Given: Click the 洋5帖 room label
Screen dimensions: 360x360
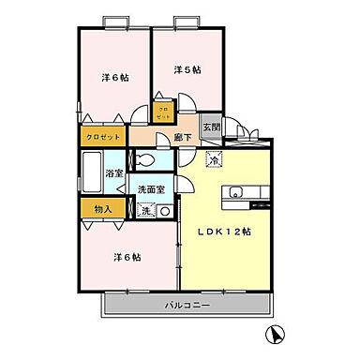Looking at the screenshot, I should (x=187, y=69).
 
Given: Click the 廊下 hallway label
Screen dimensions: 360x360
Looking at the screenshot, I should (x=184, y=138).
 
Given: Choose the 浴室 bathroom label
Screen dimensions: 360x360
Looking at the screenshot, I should (x=115, y=173).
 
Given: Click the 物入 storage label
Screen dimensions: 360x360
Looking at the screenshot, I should (x=103, y=210).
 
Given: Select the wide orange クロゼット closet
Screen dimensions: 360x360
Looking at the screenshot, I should (x=103, y=137).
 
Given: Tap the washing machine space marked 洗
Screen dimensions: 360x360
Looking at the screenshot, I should (x=146, y=211).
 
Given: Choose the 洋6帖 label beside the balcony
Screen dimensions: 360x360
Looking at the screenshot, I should (x=127, y=257).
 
